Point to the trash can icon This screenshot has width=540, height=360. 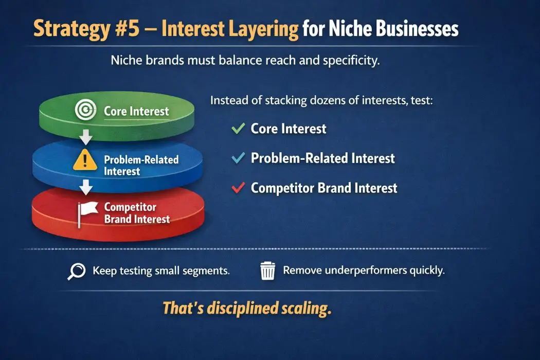pyautogui.click(x=267, y=271)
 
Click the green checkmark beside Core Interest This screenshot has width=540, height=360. pyautogui.click(x=238, y=129)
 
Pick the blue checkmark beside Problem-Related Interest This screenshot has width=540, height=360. pyautogui.click(x=238, y=158)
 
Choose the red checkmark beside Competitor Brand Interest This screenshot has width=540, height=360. pyautogui.click(x=238, y=188)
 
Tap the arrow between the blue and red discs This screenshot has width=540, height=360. pyautogui.click(x=86, y=188)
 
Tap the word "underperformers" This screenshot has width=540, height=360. pyautogui.click(x=355, y=270)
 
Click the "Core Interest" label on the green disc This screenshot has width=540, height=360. pyautogui.click(x=136, y=111)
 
